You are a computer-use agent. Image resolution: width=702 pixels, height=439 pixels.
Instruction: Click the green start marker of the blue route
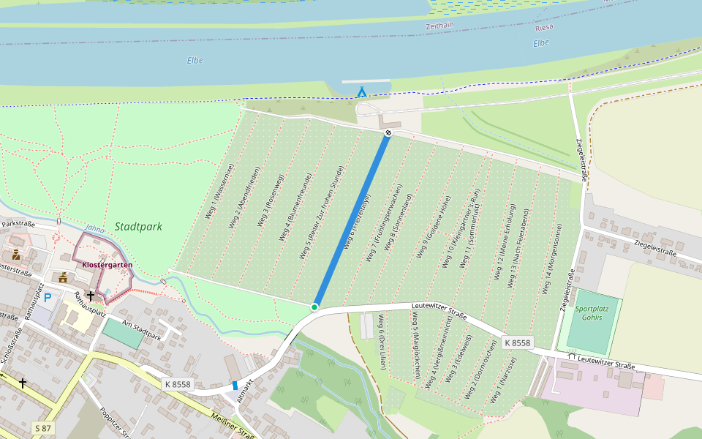314,307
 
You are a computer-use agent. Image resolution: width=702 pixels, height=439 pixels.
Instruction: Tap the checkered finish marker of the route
388,132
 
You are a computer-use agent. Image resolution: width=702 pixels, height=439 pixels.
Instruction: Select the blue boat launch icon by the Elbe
361,91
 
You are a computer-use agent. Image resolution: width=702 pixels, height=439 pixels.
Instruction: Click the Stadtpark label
138,227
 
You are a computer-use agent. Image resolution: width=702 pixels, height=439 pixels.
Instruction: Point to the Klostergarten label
107,265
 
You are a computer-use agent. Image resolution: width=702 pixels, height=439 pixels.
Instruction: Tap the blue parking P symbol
48,298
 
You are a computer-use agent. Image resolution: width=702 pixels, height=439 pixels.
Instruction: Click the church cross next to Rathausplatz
90,296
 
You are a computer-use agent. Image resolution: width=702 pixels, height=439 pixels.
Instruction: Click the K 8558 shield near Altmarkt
177,384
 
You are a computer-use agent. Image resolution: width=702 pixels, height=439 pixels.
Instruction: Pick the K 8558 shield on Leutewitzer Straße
518,342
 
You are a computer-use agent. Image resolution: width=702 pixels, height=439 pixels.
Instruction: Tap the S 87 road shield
42,427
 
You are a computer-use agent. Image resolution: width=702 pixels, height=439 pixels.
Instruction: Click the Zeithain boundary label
440,26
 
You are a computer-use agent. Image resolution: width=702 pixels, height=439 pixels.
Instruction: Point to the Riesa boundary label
545,27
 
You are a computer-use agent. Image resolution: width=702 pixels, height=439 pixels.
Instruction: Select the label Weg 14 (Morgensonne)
554,259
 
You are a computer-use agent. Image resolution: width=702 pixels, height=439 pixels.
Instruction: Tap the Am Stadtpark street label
141,334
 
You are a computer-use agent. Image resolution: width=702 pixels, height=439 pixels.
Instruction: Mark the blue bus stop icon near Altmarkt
235,385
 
